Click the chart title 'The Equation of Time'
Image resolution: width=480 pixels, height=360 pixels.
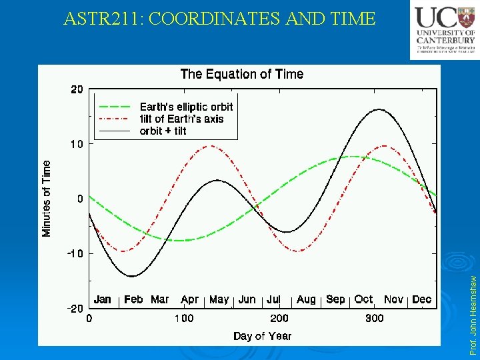(241, 74)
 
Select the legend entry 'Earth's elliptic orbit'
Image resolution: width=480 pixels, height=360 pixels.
(186, 107)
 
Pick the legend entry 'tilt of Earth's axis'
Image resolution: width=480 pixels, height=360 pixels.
(181, 119)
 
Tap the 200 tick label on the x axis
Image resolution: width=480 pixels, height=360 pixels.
(279, 318)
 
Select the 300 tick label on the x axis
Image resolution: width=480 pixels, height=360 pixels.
(374, 318)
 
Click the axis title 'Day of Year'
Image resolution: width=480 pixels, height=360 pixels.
(262, 335)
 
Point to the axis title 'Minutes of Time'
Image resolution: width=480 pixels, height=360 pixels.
(47, 198)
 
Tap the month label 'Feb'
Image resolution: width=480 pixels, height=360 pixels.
(133, 299)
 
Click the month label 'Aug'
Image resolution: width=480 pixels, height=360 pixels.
(306, 299)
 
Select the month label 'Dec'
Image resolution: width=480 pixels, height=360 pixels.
(421, 299)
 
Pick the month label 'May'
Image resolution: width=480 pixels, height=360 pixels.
(219, 299)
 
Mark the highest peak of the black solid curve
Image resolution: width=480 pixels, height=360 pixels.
(379, 109)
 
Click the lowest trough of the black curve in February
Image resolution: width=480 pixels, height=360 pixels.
(132, 276)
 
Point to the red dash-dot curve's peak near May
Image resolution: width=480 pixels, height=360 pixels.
(212, 146)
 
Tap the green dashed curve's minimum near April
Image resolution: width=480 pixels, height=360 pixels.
(181, 240)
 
